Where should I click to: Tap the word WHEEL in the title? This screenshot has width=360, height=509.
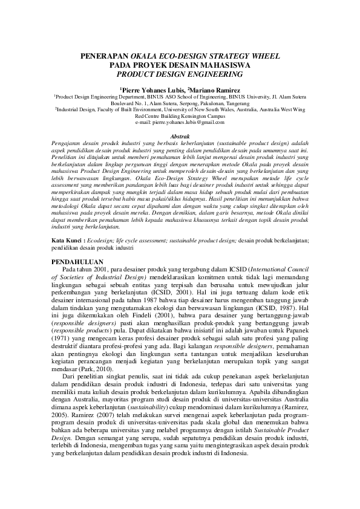(264, 56)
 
